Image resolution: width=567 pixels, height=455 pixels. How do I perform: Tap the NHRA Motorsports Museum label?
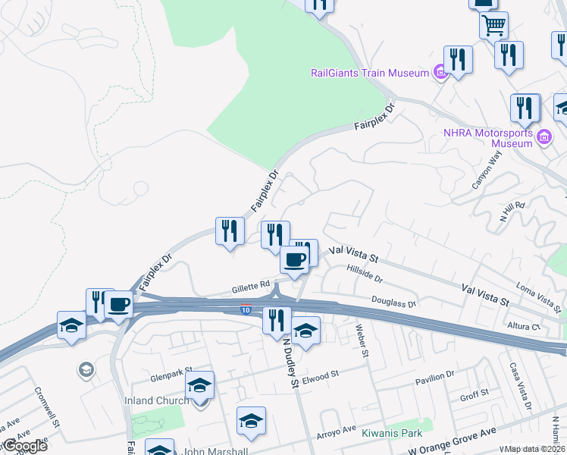click(x=488, y=137)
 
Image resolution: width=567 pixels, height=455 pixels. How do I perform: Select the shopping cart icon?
click(x=493, y=25)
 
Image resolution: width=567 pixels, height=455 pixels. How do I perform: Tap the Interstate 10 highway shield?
click(x=245, y=309)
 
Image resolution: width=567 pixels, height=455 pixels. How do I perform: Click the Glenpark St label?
click(x=168, y=377)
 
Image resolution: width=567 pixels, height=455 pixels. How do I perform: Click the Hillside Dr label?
click(x=365, y=268)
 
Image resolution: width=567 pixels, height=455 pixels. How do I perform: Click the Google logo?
click(x=24, y=445)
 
